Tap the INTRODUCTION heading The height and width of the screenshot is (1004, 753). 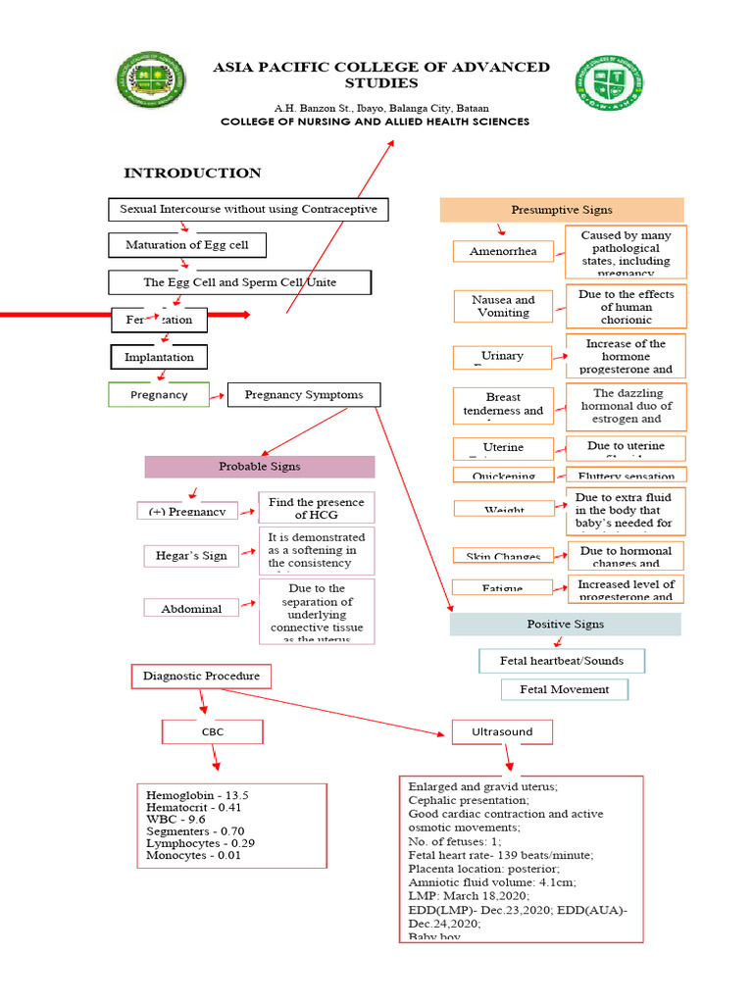[x=192, y=174]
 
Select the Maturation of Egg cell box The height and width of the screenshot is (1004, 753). [x=185, y=244]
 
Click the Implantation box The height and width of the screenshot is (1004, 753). [x=159, y=357]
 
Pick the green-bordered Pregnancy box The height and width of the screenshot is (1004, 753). [x=159, y=394]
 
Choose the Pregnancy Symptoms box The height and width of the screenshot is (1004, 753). [x=304, y=395]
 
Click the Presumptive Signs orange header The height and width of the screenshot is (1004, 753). [x=561, y=210]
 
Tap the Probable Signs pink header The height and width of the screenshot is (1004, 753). [x=260, y=467]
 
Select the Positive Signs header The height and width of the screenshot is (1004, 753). [x=565, y=624]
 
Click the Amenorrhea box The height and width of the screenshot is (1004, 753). [x=503, y=251]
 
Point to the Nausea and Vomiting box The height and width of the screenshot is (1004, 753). [x=503, y=306]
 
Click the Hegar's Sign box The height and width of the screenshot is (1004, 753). [x=191, y=556]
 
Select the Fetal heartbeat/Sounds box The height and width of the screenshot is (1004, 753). [x=562, y=661]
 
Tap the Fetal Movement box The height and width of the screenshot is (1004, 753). [x=564, y=689]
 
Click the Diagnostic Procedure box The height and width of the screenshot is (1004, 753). [x=201, y=676]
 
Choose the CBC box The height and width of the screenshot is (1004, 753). [x=213, y=731]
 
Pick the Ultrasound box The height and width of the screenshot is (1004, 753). [x=502, y=731]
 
